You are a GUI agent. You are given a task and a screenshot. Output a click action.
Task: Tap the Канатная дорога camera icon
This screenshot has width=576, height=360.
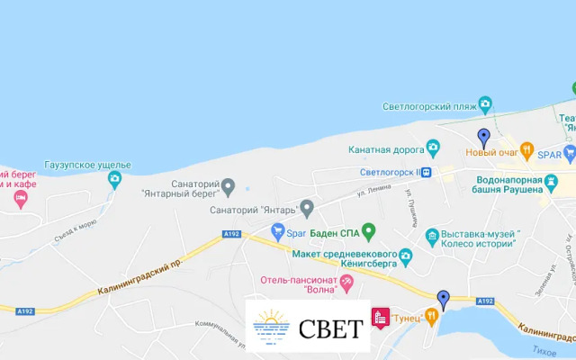(433, 147)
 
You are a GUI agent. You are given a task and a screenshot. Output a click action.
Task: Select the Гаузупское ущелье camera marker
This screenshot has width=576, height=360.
(114, 179)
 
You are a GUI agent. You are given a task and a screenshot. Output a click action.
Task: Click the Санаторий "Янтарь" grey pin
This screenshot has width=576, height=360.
(306, 210)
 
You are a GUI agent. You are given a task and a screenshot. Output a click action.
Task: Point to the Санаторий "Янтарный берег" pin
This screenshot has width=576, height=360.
(228, 186)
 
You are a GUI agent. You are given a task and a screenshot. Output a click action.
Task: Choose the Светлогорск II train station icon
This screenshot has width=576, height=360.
(427, 172)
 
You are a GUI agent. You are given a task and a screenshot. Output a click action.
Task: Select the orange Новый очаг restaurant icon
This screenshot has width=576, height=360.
(528, 150)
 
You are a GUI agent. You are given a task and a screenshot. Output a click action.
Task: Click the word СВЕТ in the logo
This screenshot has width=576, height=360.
(330, 327)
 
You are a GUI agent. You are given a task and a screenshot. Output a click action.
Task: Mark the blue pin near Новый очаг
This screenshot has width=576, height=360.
(483, 138)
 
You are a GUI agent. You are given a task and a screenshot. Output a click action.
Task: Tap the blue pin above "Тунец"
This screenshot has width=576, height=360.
(443, 300)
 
